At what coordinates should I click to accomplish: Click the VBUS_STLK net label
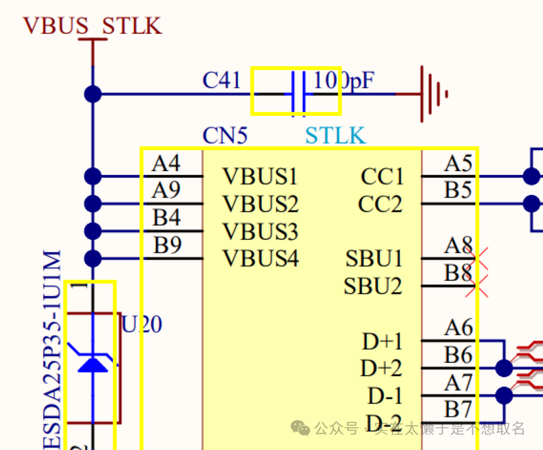[x=92, y=25]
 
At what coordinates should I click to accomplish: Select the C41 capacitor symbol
[x=298, y=92]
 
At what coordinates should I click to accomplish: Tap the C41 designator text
[x=221, y=80]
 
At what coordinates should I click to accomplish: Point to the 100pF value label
[x=343, y=80]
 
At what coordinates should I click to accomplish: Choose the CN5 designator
[x=224, y=135]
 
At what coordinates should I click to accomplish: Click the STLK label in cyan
[x=335, y=135]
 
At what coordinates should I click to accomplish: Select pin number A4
[x=166, y=164]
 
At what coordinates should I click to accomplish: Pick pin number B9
[x=167, y=245]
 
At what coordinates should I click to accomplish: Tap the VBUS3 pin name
[x=260, y=231]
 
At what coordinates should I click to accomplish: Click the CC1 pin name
[x=381, y=176]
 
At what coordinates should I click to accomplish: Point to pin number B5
[x=458, y=191]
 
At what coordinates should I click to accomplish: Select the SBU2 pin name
[x=373, y=286]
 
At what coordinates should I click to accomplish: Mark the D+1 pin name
[x=382, y=341]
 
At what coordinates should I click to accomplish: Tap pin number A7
[x=458, y=383]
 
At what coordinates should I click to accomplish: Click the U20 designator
[x=142, y=325]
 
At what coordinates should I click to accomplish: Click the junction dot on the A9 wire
[x=93, y=203]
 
